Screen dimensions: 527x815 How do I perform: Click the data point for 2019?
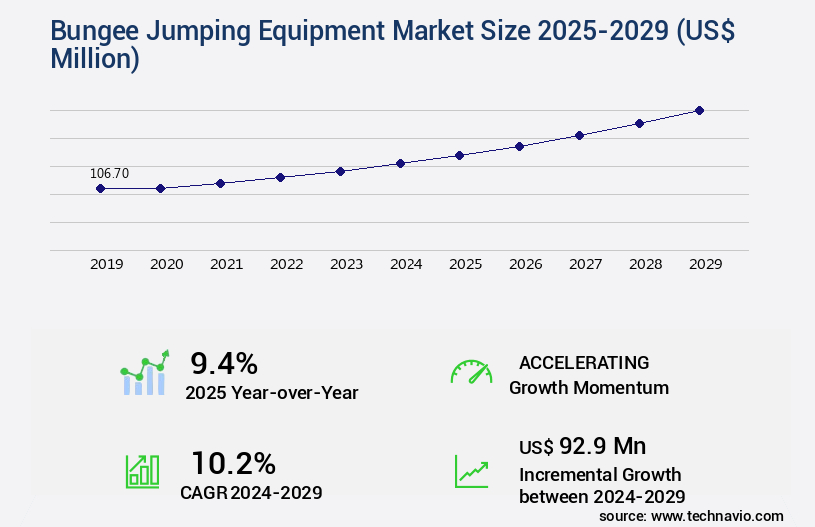(100, 188)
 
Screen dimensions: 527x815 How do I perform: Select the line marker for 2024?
(400, 163)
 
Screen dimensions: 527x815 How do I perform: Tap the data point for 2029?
(699, 110)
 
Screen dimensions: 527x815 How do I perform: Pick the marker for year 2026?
(519, 146)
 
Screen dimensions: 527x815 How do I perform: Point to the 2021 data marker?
(220, 183)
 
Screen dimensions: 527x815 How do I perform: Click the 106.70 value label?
(109, 173)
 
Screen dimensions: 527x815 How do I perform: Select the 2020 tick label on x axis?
(166, 264)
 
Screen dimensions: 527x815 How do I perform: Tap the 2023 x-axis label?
(346, 264)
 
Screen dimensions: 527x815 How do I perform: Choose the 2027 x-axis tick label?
(585, 264)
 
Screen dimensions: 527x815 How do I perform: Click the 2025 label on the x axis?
(465, 264)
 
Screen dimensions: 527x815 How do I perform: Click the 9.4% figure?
(224, 362)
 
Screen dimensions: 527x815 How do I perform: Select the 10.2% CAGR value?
(233, 463)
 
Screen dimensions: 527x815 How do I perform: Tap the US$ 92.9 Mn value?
(582, 446)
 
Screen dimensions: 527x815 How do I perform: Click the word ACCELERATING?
(584, 362)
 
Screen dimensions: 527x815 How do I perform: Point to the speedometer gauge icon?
(471, 372)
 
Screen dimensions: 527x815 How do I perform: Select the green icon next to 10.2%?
(142, 471)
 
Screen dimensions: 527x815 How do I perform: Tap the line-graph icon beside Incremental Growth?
(471, 471)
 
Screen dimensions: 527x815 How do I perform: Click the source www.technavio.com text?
(691, 515)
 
